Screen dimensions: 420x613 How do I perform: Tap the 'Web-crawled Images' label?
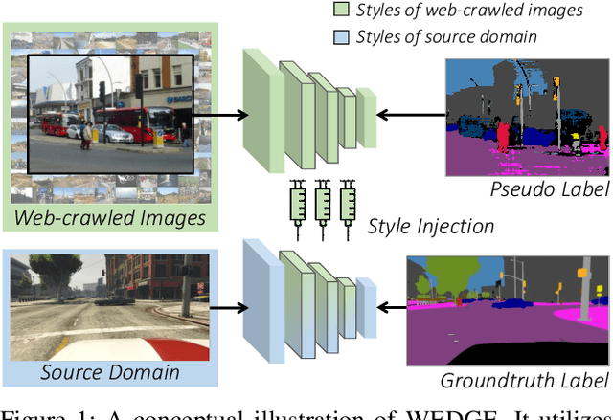110,218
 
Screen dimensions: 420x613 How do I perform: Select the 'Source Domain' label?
111,371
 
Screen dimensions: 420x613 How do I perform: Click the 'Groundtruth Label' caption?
524,380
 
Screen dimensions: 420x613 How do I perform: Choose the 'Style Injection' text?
431,226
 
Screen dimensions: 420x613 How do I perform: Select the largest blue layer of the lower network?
259,306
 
